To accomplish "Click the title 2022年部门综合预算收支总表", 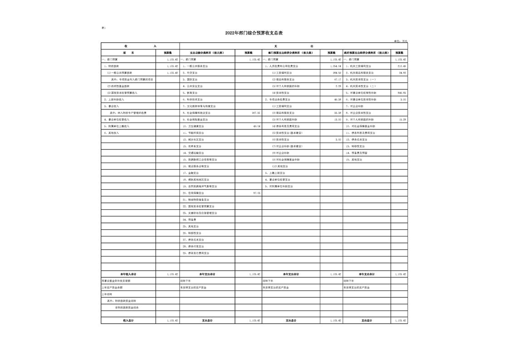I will coord(254,33).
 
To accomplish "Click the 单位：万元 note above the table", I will coord(401,41).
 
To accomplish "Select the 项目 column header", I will coord(128,53).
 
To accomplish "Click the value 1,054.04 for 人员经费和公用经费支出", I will coord(336,66).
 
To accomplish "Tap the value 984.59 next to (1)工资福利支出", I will coord(337,73).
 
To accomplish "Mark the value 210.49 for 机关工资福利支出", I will coord(401,66).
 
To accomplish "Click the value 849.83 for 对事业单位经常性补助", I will coord(401,93).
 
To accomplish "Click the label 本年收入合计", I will coord(128,274).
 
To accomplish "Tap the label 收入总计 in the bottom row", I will coord(128,321).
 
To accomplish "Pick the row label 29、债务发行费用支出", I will coord(196,253).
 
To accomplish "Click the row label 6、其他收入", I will coord(111,133).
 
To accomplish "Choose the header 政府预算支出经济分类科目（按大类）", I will coord(366,53).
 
